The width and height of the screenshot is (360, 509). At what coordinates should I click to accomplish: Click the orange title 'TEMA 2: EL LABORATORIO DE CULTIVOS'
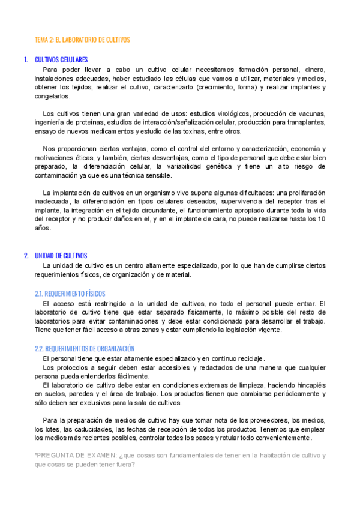(82, 40)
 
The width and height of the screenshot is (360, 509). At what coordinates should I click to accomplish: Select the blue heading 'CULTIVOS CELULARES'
(62, 59)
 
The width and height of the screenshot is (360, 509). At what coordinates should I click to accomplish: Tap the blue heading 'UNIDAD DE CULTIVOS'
(61, 255)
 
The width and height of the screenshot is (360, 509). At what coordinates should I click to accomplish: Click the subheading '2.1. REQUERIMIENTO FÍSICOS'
(70, 294)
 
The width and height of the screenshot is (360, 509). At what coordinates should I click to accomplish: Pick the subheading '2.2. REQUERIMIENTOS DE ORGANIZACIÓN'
(85, 348)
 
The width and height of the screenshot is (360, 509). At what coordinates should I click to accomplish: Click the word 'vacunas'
(311, 113)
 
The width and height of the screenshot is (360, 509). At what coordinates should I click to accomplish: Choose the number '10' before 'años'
(322, 219)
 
